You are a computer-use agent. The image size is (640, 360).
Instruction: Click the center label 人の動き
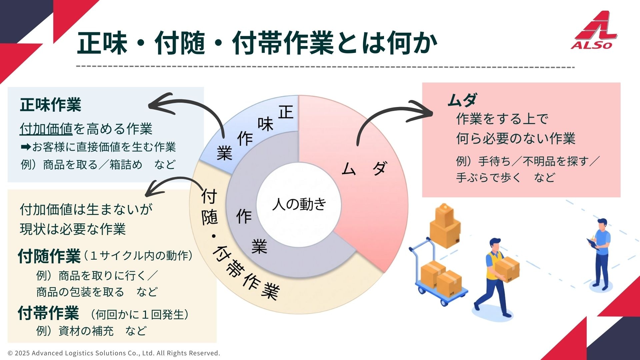pos(299,204)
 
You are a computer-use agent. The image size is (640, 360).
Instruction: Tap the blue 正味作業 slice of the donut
pos(253,133)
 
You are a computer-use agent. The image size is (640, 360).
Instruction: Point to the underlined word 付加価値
pos(46,129)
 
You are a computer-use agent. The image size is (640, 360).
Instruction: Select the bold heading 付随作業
pos(49,256)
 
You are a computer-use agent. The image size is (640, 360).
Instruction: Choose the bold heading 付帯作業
pos(49,313)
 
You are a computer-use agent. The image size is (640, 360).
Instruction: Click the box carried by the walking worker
pos(507,269)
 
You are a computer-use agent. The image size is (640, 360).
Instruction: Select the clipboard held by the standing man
pos(593,244)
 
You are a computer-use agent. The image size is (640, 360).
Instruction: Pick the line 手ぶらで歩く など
pos(505,177)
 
